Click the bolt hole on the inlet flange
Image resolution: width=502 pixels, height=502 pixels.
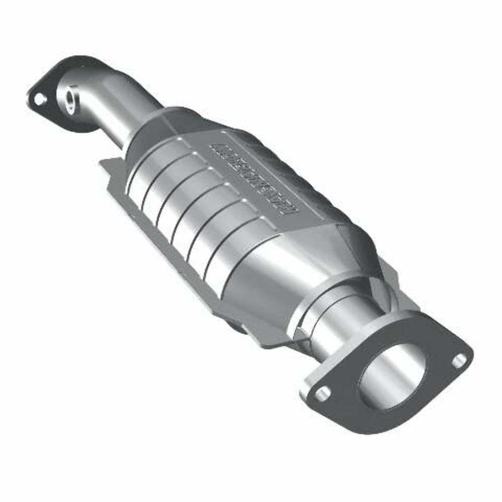click(x=38, y=99)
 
